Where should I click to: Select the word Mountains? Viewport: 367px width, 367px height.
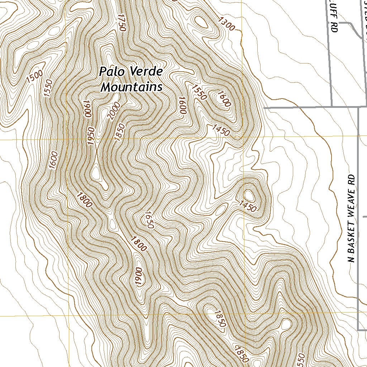point(132,87)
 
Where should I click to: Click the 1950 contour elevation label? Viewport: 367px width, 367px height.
point(91,136)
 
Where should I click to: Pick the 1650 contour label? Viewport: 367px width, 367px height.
point(149,220)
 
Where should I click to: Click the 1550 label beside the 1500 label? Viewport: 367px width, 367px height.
point(48,88)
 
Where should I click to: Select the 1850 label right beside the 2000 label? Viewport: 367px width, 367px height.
point(120,132)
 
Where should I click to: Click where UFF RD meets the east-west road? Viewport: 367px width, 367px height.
point(332,106)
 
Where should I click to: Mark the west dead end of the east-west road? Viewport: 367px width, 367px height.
point(264,107)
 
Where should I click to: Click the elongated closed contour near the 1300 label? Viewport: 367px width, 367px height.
point(201,22)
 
